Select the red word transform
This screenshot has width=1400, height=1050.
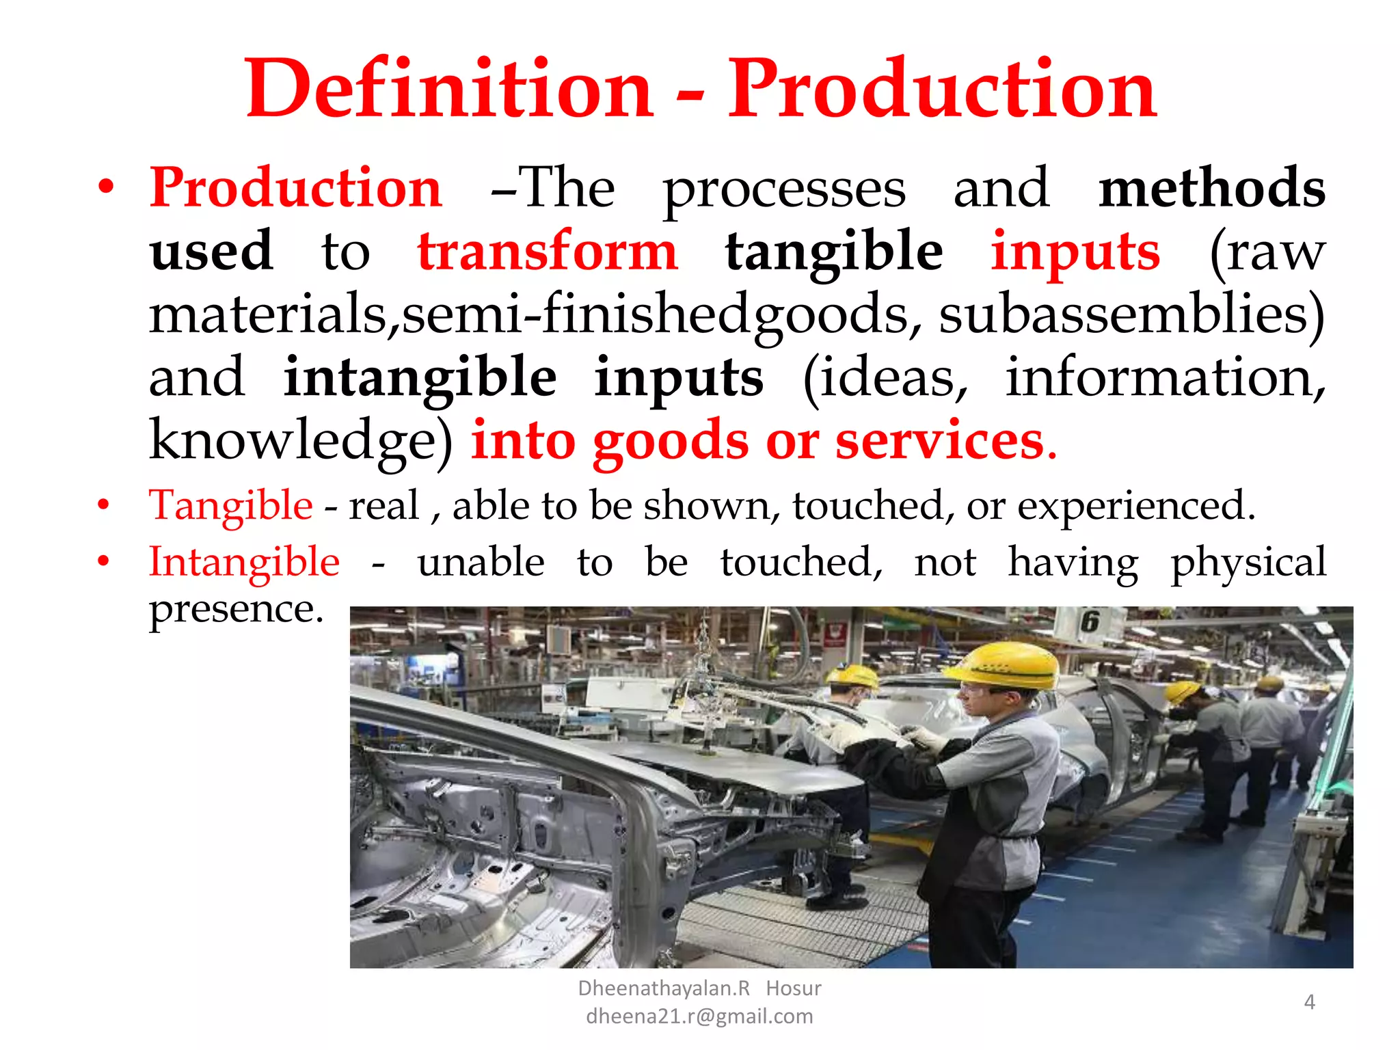548,251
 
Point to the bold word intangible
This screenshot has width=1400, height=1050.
420,377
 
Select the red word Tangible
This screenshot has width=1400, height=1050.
231,506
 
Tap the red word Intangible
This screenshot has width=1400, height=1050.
244,563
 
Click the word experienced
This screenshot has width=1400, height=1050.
1135,506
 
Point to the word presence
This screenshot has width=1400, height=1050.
236,608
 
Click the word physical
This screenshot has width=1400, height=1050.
1248,563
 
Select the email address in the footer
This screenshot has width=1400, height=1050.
699,1017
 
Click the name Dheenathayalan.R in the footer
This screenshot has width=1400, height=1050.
664,988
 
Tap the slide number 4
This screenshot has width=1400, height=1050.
1309,1002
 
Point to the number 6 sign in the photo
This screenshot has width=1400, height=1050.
1090,622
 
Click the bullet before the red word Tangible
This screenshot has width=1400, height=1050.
103,506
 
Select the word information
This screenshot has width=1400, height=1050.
1165,377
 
